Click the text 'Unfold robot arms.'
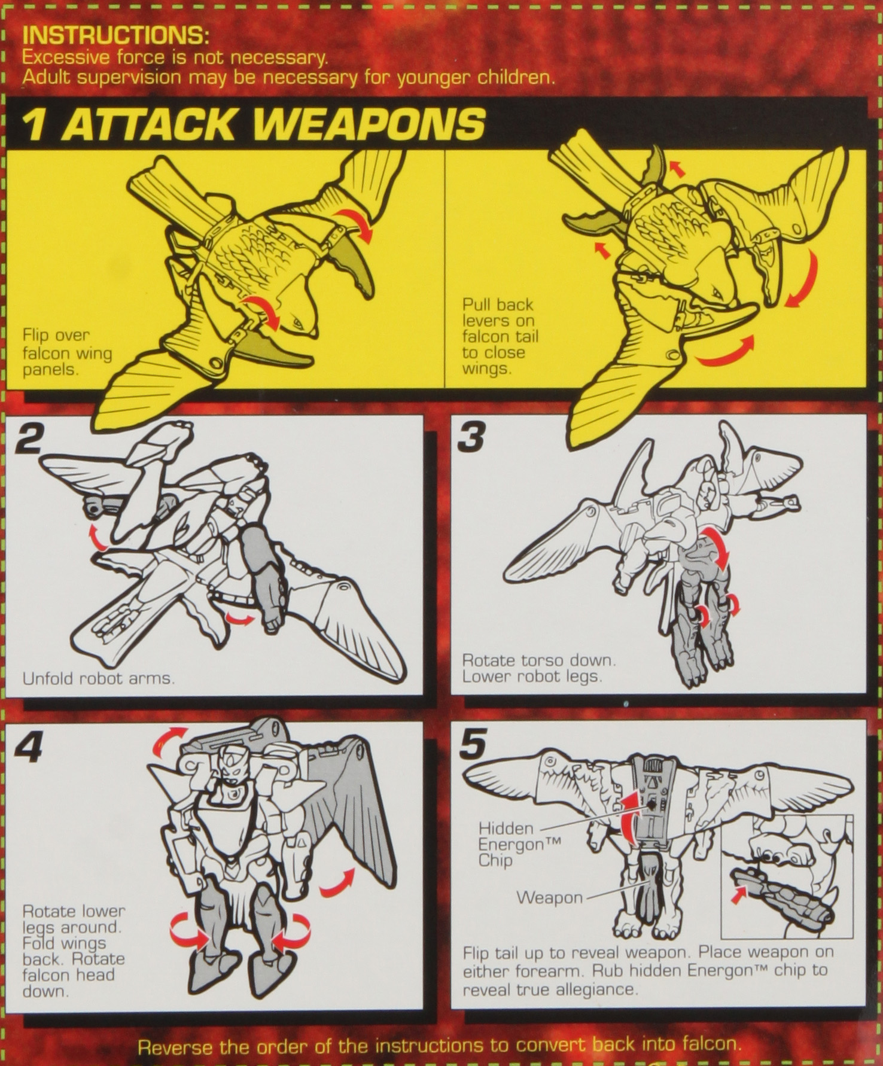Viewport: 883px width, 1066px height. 98,678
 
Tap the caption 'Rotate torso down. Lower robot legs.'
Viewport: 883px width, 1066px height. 538,668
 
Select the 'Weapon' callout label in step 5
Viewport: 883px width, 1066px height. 549,897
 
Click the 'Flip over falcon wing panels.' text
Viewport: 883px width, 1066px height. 67,352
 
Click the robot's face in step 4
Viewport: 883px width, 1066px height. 233,767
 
